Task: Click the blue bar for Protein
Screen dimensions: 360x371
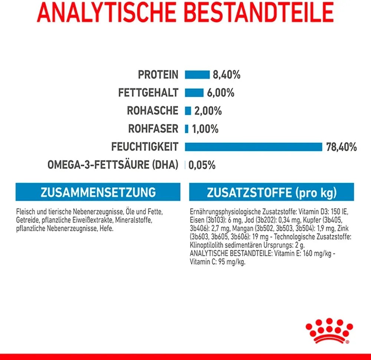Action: point(197,75)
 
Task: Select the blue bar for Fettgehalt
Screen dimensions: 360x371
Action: point(194,93)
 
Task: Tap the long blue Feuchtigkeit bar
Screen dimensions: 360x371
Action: point(253,147)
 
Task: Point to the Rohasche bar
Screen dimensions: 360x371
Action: point(188,111)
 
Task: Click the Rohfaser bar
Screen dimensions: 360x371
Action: point(187,129)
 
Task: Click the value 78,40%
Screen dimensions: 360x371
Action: point(341,147)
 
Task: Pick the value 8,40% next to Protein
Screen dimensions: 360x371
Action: point(226,75)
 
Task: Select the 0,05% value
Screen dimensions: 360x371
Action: point(202,165)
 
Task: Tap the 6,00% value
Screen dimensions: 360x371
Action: point(220,93)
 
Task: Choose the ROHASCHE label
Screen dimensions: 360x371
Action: point(152,111)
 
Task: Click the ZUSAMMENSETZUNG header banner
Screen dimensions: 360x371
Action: point(98,192)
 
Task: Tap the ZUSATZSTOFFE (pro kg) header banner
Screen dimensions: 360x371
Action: point(272,192)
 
